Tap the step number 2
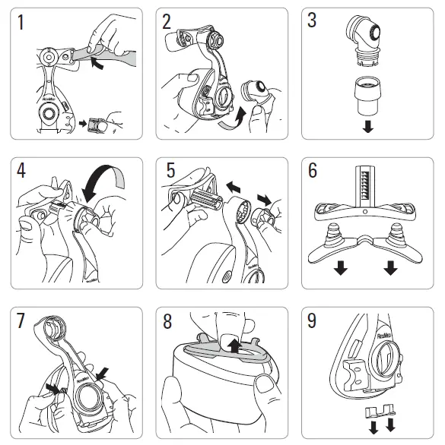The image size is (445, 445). click(x=167, y=23)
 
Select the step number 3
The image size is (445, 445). click(x=312, y=22)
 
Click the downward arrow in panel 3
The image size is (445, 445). click(x=368, y=126)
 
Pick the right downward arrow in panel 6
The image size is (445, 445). click(x=391, y=267)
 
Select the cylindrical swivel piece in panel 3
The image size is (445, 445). click(x=368, y=93)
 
